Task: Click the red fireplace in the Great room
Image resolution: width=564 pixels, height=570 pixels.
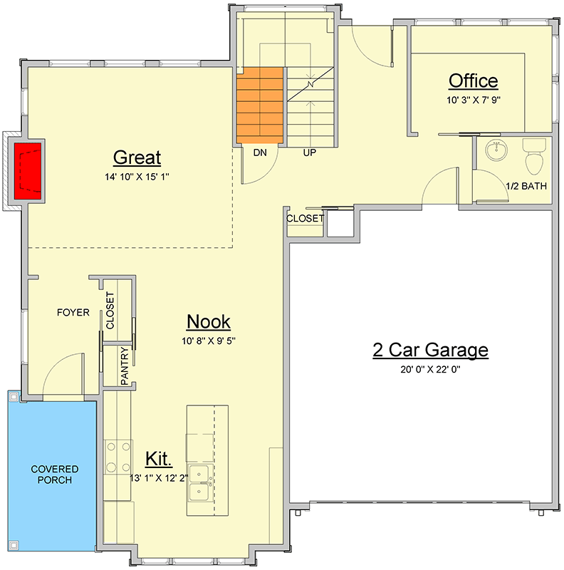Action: tap(29, 169)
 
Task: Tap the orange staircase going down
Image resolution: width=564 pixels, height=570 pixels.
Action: tap(259, 104)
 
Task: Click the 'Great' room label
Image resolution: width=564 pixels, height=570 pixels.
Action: tap(137, 157)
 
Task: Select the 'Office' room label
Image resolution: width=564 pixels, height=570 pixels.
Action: tap(473, 81)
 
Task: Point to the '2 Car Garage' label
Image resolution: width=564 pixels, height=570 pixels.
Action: tap(431, 350)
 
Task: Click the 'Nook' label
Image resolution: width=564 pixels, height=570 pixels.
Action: tap(208, 322)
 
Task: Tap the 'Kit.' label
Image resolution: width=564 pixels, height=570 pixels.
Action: tap(158, 457)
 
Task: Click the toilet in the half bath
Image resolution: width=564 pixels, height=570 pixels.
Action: tap(533, 158)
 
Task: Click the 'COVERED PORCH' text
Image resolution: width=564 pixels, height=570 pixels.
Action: tap(55, 474)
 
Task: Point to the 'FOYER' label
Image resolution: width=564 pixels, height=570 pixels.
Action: tap(73, 312)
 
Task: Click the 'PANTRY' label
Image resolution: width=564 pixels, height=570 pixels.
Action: tap(125, 366)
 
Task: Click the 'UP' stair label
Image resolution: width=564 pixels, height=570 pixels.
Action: tap(310, 152)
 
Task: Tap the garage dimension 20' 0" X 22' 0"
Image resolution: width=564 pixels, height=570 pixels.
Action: tap(431, 369)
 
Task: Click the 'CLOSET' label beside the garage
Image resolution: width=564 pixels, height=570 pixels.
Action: tap(305, 219)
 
